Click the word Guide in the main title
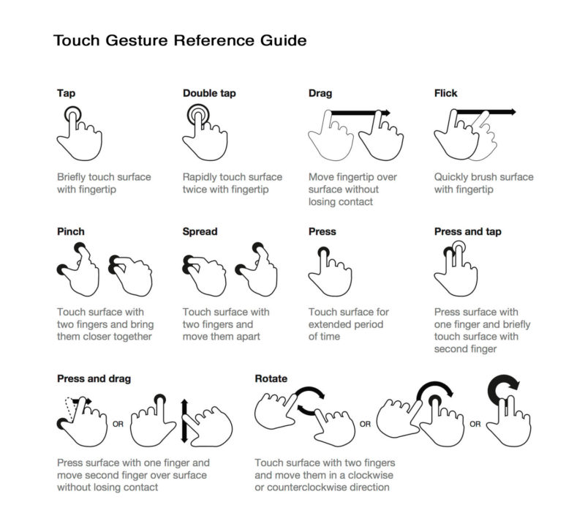283,40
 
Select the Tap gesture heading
66,94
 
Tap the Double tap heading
209,94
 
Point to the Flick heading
445,94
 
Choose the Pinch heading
70,231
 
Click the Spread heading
200,231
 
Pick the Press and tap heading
467,231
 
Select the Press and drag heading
94,378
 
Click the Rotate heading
271,378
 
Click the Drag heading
320,94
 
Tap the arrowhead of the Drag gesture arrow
388,113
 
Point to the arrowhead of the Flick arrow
513,112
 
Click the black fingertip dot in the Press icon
323,252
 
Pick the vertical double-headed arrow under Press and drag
184,421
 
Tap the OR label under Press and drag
118,425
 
